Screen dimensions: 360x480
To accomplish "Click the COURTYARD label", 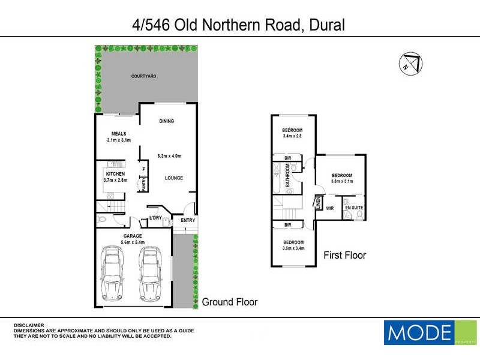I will tap(144, 76).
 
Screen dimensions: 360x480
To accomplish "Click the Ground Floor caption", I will tap(230, 302).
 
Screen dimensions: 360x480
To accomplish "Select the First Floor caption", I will tap(345, 255).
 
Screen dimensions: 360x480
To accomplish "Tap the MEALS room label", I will tap(119, 133).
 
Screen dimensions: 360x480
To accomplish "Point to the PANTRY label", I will tap(144, 184).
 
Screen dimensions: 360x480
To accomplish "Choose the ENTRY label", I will tap(188, 220).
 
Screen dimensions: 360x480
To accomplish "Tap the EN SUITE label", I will tap(354, 208).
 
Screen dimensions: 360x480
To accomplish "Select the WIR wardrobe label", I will tap(330, 208).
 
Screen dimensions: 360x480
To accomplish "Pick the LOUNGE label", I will tap(174, 178).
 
